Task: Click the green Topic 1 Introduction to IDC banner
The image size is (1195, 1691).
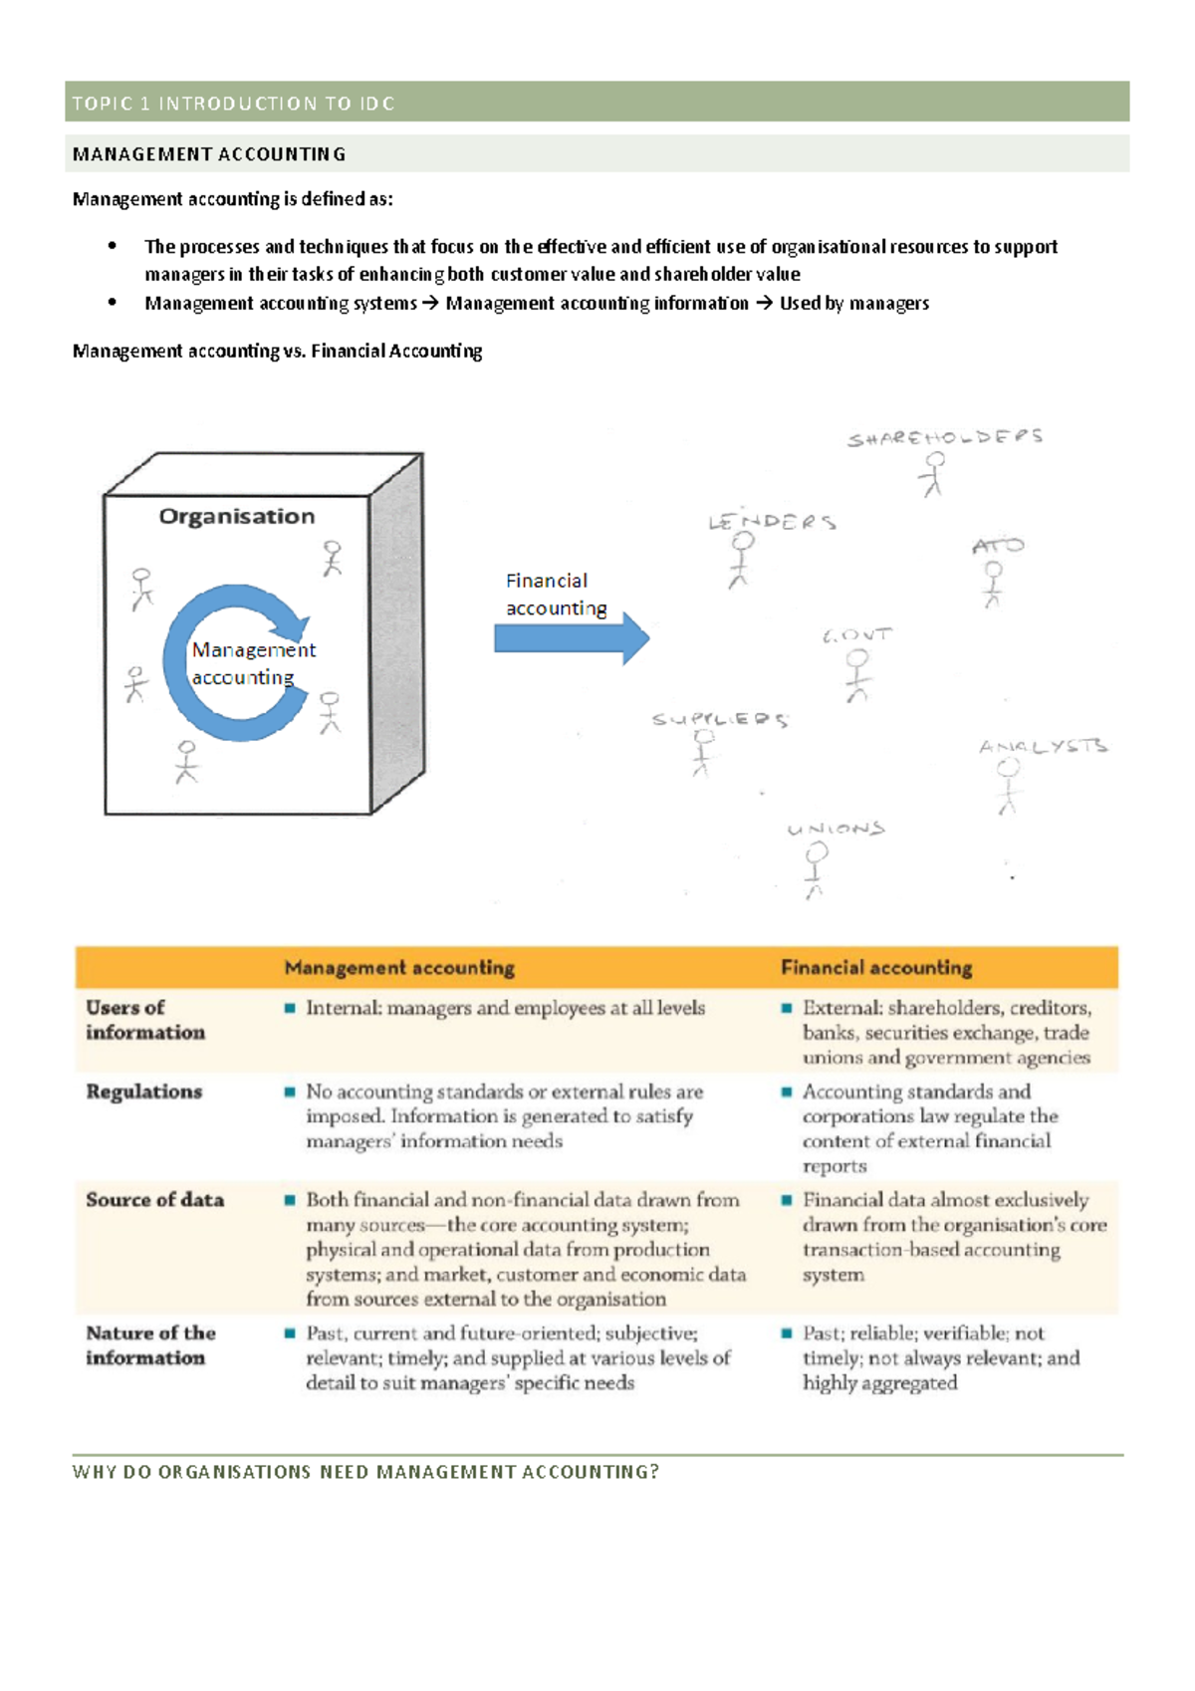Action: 597,103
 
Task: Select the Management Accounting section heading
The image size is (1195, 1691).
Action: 209,154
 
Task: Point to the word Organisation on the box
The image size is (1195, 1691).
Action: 237,517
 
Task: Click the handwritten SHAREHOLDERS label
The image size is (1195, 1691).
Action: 944,437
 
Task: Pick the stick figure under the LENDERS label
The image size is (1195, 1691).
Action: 741,560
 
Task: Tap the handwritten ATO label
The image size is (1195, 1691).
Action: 998,546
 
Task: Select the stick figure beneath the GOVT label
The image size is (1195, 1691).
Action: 857,675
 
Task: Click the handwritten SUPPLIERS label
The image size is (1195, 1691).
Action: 720,719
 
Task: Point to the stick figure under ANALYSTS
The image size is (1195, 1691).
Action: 1009,787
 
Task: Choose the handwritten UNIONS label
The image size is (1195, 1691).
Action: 836,829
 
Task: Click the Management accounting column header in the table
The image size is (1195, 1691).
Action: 399,968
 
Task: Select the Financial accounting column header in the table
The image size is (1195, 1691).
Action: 876,968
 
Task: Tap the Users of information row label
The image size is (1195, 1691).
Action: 145,1020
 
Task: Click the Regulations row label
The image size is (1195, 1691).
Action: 144,1091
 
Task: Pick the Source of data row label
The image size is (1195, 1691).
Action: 155,1200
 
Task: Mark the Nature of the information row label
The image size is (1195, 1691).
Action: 150,1345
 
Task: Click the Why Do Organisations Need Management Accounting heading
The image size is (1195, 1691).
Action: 365,1472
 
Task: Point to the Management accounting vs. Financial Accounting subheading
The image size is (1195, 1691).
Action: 277,351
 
